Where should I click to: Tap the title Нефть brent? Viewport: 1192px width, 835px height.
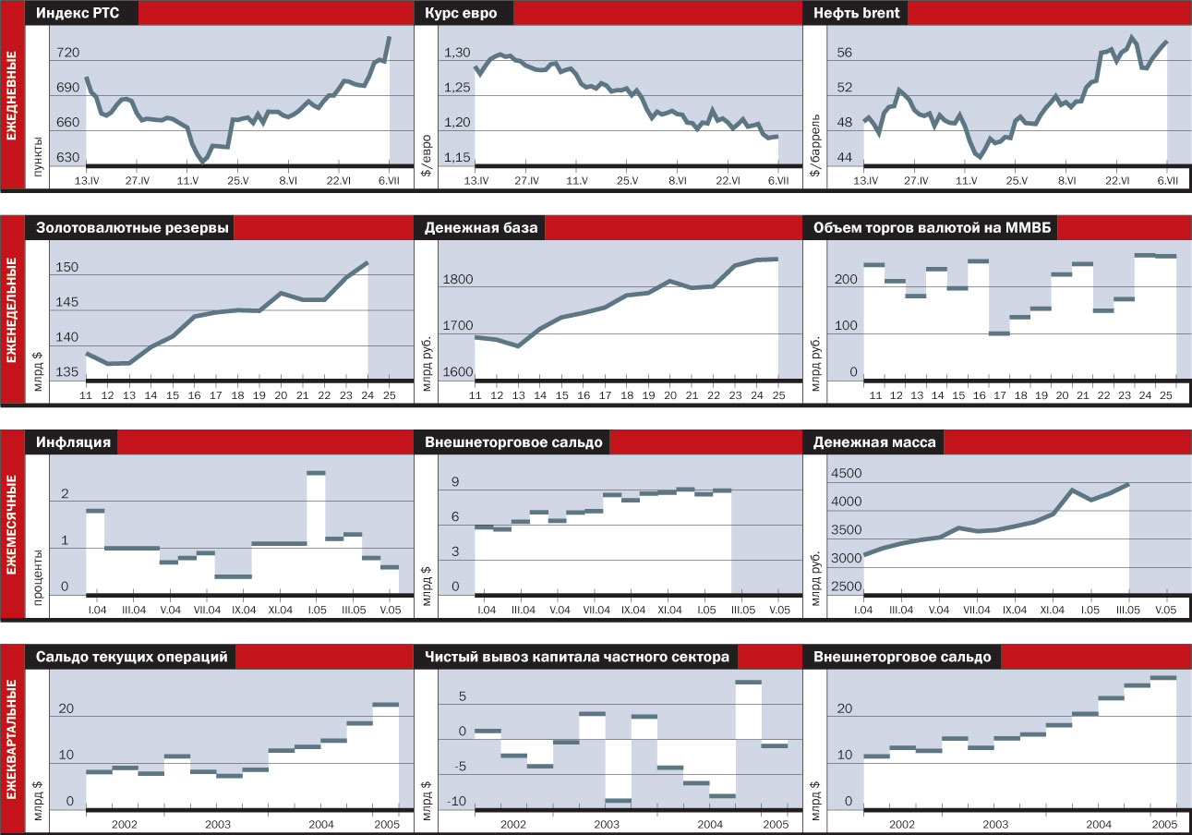[857, 13]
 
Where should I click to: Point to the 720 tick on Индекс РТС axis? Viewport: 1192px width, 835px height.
[68, 54]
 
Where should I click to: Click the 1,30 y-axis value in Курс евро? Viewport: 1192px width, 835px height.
[458, 54]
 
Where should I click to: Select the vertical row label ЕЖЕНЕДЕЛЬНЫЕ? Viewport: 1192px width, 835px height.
[13, 309]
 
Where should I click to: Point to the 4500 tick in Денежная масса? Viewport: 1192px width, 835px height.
[847, 474]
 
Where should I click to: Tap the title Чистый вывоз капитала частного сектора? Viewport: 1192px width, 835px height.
[577, 657]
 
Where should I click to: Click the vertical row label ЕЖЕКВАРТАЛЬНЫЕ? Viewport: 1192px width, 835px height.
[13, 739]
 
